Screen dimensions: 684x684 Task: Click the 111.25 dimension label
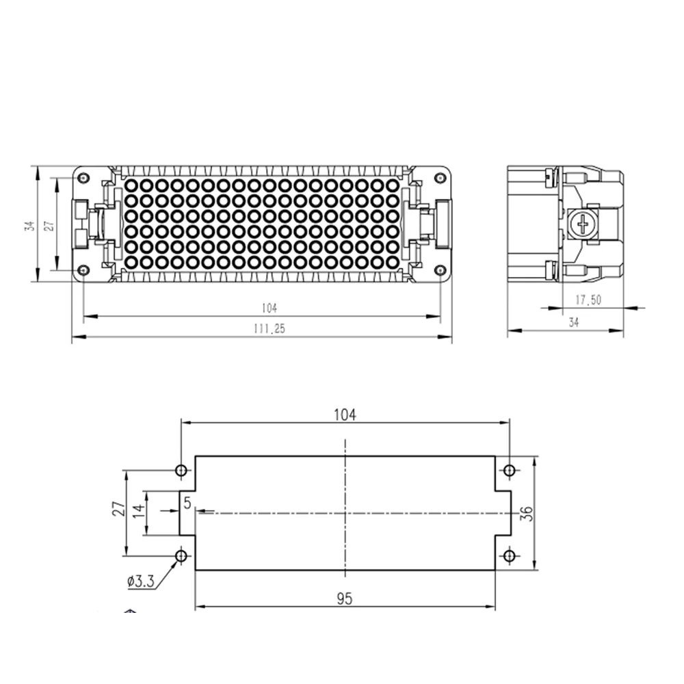[269, 328]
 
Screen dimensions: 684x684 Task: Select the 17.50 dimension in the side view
[588, 300]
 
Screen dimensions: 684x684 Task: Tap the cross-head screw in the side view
[583, 225]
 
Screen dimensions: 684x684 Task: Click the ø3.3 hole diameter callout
[140, 581]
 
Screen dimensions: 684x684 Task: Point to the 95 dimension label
[345, 599]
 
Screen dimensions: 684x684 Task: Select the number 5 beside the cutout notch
[187, 503]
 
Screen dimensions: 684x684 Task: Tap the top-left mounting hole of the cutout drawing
[181, 471]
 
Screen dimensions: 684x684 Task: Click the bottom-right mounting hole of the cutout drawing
[509, 555]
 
